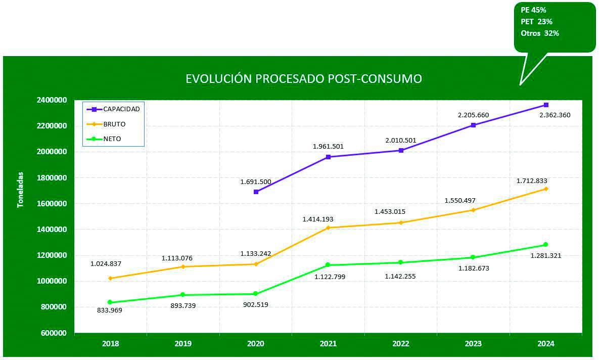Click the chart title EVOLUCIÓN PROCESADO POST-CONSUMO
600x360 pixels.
click(303, 79)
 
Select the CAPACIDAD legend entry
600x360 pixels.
click(121, 109)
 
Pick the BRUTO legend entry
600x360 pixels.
click(114, 124)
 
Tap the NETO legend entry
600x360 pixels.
click(112, 139)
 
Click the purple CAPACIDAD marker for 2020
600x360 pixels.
click(256, 192)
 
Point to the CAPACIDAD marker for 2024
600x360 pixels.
click(546, 105)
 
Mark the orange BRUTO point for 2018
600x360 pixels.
click(110, 278)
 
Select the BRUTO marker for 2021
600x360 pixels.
click(328, 228)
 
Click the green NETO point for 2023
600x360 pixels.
click(473, 257)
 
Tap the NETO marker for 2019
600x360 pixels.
click(183, 295)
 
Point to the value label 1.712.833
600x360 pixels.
click(532, 181)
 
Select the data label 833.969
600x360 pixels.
click(110, 310)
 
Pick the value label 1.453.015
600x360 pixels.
click(390, 212)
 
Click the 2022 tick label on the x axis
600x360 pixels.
click(401, 344)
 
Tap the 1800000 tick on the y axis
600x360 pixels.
click(52, 177)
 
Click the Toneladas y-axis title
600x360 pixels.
click(21, 190)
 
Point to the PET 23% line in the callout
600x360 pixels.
click(536, 22)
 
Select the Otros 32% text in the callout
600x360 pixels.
click(539, 33)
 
